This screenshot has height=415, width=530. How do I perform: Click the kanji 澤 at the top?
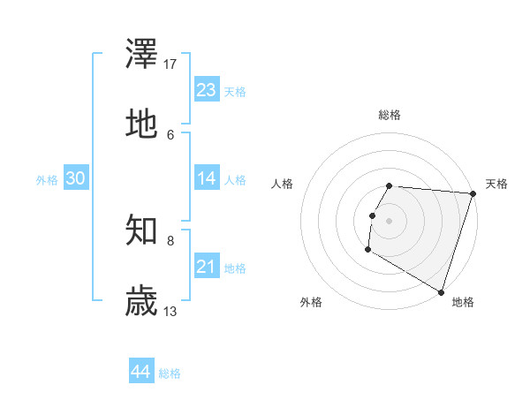click(142, 55)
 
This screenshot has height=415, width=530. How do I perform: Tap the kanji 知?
click(142, 231)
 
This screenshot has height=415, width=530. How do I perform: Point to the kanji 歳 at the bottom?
click(142, 301)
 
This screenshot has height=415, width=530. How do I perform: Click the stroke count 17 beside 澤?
click(170, 64)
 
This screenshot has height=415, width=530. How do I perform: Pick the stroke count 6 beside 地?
click(170, 134)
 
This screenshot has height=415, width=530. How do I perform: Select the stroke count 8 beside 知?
click(170, 240)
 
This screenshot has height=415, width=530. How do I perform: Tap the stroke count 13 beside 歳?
click(170, 311)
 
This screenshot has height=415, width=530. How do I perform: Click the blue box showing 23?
click(207, 90)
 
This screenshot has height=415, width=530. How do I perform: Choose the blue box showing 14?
click(207, 178)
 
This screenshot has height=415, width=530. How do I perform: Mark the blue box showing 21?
click(207, 267)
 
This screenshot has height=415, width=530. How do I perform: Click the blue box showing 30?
click(76, 178)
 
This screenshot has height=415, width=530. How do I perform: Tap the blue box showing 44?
click(141, 372)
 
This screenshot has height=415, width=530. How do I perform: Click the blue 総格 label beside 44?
click(170, 373)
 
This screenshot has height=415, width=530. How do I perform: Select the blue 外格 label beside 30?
click(47, 180)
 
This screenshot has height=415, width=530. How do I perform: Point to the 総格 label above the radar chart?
click(390, 115)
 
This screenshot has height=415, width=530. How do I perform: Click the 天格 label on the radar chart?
click(496, 184)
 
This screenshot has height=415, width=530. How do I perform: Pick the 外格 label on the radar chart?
click(311, 302)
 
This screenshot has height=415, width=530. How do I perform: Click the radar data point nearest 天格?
click(473, 193)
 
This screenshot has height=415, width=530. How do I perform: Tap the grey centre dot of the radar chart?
click(390, 220)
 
